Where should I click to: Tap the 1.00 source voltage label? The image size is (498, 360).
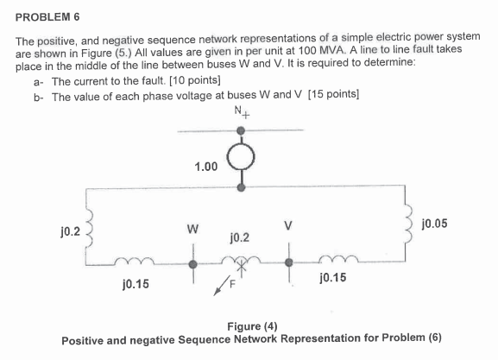coord(206,165)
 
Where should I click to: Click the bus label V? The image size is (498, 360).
coord(289,230)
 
